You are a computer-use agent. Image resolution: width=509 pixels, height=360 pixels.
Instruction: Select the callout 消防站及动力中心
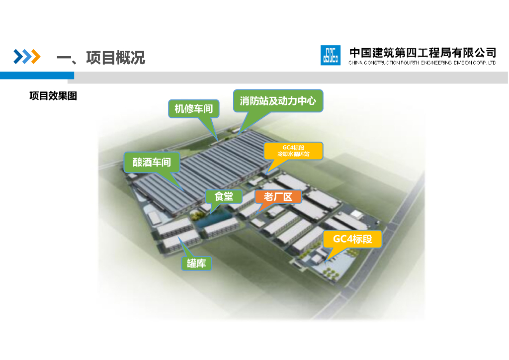278,101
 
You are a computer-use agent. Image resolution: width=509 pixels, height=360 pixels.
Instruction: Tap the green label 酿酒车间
152,162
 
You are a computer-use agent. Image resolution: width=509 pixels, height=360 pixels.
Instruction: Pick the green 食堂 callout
224,197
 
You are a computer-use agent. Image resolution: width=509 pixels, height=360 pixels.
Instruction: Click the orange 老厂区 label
278,197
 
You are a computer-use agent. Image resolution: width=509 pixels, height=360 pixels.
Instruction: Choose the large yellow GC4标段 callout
352,239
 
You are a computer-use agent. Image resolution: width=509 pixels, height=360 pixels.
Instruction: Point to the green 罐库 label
196,264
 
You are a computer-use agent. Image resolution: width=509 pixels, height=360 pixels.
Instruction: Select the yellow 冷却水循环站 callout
293,151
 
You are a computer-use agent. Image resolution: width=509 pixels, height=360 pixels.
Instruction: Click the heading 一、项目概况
101,58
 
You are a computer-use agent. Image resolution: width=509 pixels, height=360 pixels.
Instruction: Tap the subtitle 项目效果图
53,96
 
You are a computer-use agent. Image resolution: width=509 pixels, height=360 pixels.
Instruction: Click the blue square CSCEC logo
331,55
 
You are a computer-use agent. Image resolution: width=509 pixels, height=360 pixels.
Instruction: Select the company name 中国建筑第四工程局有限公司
423,52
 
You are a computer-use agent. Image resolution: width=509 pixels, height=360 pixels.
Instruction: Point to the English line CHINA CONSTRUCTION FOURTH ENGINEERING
423,63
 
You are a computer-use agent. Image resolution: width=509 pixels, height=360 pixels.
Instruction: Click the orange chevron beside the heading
34,57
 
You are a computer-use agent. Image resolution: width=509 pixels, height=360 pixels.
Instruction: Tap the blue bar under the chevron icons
37,75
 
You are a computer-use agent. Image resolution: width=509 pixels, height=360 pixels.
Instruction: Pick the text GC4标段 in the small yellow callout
293,147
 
